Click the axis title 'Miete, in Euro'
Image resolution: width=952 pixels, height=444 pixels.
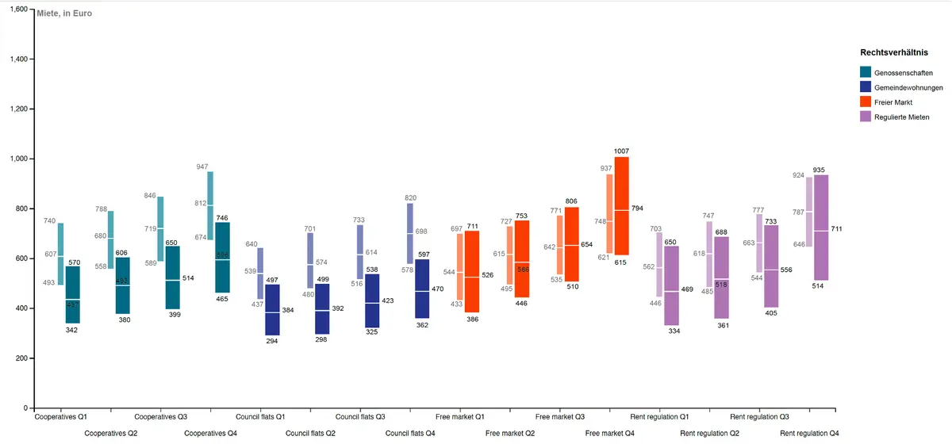[65, 13]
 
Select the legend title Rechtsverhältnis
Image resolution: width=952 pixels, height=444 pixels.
[894, 52]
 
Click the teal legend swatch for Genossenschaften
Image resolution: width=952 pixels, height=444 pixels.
[866, 72]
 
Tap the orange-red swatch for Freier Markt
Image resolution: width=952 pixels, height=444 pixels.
[866, 102]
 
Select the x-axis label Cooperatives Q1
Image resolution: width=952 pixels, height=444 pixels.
[61, 416]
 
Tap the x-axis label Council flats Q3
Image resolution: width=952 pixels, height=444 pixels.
[360, 416]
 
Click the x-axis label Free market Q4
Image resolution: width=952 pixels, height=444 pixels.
[609, 434]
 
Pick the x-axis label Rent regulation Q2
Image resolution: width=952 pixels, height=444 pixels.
[709, 434]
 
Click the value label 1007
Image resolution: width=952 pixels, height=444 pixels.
[621, 151]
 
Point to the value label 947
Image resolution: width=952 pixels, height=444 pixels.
[202, 167]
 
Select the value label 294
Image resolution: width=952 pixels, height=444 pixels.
[272, 342]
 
